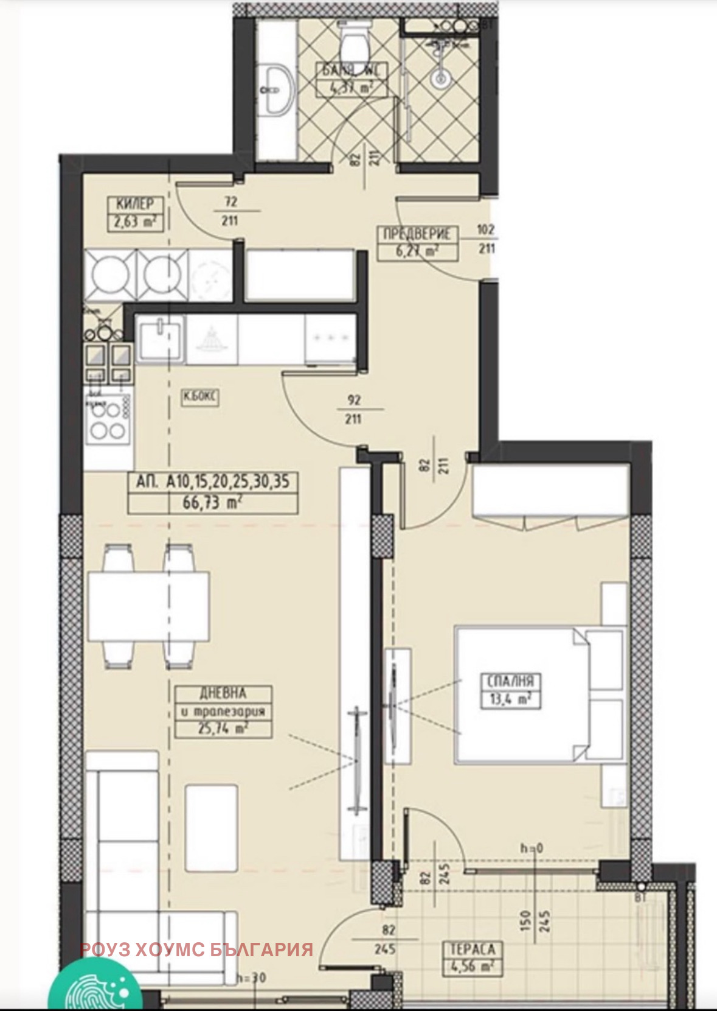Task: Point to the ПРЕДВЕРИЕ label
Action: click(x=417, y=234)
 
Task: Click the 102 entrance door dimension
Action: click(x=486, y=230)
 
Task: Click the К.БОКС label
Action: click(x=200, y=398)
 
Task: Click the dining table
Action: click(x=149, y=606)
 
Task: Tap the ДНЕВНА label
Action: click(x=223, y=693)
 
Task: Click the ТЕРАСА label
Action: click(x=473, y=949)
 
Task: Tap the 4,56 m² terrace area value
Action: click(x=473, y=966)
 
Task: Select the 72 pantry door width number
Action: click(x=230, y=201)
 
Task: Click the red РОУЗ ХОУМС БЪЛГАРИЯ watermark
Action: click(x=196, y=949)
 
